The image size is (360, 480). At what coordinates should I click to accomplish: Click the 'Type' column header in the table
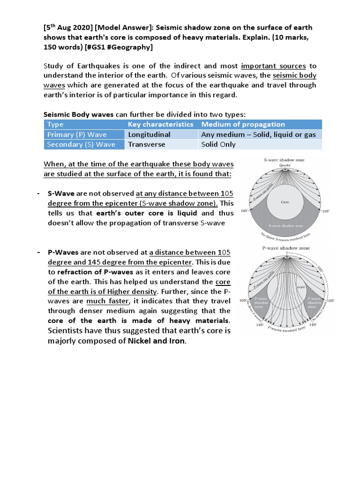click(55, 124)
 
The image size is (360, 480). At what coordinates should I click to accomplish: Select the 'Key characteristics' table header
click(160, 124)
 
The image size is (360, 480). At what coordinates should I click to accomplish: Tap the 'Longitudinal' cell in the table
click(150, 135)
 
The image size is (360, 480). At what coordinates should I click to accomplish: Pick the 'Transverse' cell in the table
click(147, 144)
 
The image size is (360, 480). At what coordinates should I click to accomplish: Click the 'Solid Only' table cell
click(218, 144)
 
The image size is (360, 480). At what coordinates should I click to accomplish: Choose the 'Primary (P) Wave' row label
click(77, 135)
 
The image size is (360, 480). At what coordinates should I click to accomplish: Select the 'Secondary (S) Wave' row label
click(81, 144)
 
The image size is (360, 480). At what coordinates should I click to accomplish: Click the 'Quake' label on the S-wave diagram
click(285, 165)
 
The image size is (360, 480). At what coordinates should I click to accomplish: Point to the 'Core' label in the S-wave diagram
click(285, 202)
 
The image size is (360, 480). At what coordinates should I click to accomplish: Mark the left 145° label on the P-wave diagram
click(260, 324)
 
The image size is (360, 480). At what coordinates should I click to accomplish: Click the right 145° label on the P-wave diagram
click(313, 324)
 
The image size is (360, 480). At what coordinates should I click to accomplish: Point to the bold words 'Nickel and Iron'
click(157, 341)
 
